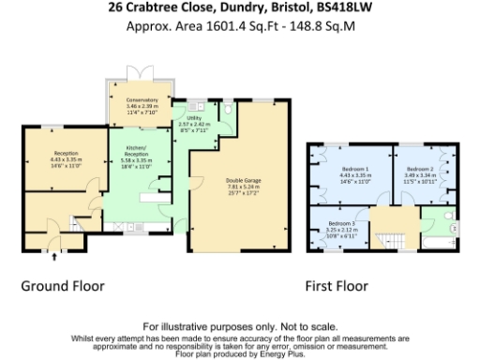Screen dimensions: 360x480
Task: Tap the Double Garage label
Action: tap(242, 180)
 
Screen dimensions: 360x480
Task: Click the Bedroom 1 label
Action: tap(354, 168)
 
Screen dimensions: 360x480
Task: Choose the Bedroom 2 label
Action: tap(420, 168)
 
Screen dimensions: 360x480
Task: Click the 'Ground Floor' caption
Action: tap(64, 286)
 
